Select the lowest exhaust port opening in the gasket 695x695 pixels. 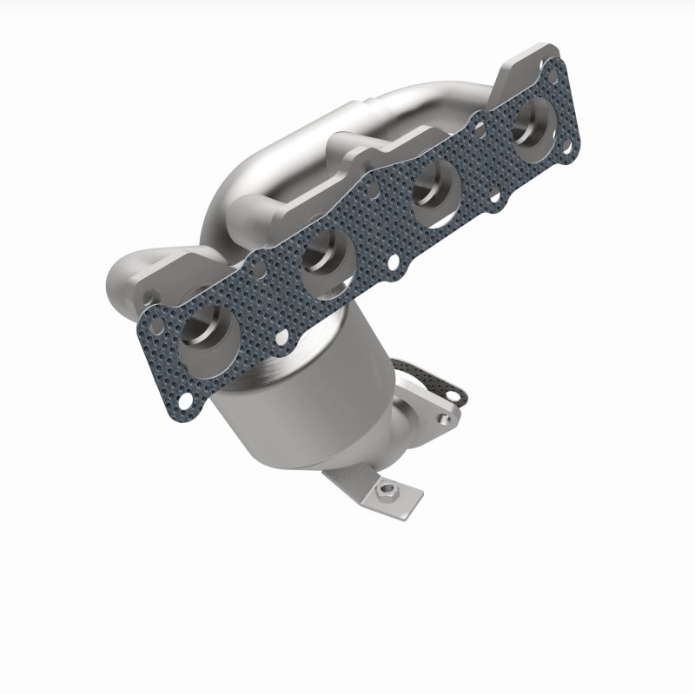click(x=210, y=331)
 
